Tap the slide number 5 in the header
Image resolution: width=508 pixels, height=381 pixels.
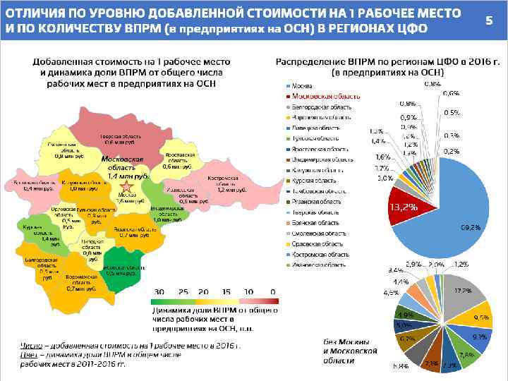488,20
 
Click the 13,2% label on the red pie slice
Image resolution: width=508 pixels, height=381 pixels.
404,207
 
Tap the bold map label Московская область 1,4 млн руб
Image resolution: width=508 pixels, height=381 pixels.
123,167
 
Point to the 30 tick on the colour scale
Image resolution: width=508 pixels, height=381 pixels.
159,292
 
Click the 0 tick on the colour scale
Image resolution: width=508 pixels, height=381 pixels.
273,292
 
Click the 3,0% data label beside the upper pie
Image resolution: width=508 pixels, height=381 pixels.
385,179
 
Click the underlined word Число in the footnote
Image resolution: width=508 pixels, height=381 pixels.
29,346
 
